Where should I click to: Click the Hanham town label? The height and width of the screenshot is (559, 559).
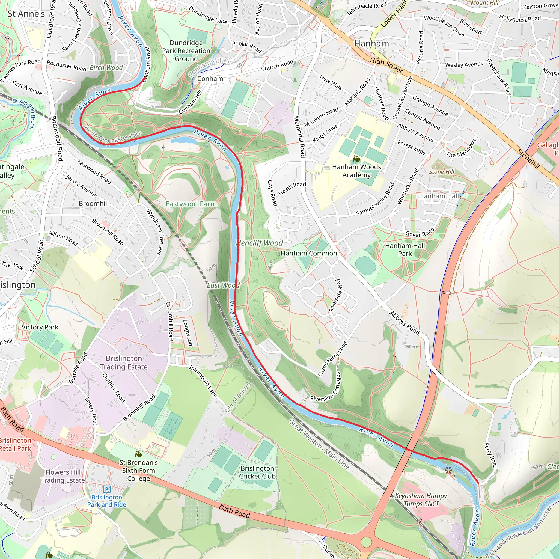[371, 44]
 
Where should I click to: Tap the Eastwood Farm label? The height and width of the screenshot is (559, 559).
[191, 204]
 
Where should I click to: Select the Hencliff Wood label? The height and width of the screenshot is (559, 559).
[260, 243]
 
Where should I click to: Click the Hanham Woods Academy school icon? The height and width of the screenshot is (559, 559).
[356, 159]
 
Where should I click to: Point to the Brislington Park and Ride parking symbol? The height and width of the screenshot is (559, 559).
[107, 490]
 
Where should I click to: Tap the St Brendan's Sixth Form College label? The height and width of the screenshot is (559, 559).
[139, 471]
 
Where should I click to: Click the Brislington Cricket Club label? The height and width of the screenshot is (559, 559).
[257, 472]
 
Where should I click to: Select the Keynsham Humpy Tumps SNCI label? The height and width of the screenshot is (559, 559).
[421, 500]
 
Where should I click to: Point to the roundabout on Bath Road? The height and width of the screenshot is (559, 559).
[366, 542]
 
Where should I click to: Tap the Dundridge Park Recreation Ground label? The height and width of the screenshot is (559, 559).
[186, 51]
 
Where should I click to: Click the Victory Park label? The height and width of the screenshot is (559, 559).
[40, 327]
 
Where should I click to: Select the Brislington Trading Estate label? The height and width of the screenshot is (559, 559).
[124, 362]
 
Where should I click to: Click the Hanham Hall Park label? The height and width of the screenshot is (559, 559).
[405, 249]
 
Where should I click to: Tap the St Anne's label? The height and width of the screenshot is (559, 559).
[26, 14]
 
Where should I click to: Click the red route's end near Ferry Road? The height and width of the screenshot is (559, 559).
[478, 483]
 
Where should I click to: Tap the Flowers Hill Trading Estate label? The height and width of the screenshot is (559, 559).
[63, 476]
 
